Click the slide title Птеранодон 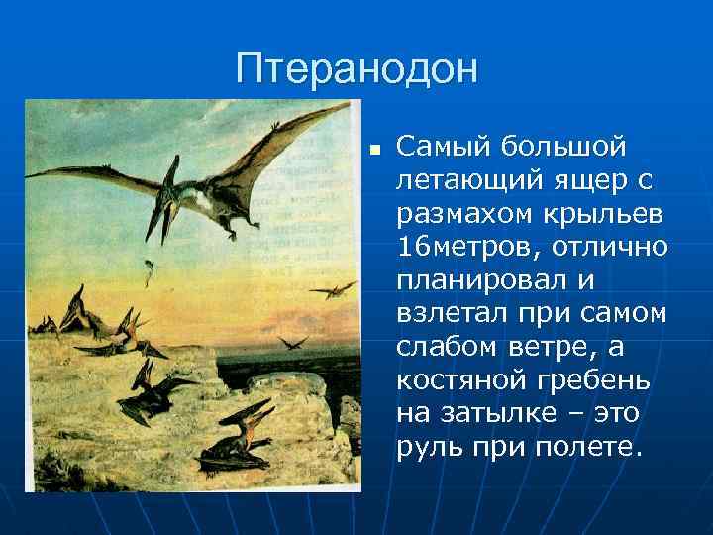click(356, 68)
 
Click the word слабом click(444, 346)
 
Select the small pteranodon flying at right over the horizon click(333, 289)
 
